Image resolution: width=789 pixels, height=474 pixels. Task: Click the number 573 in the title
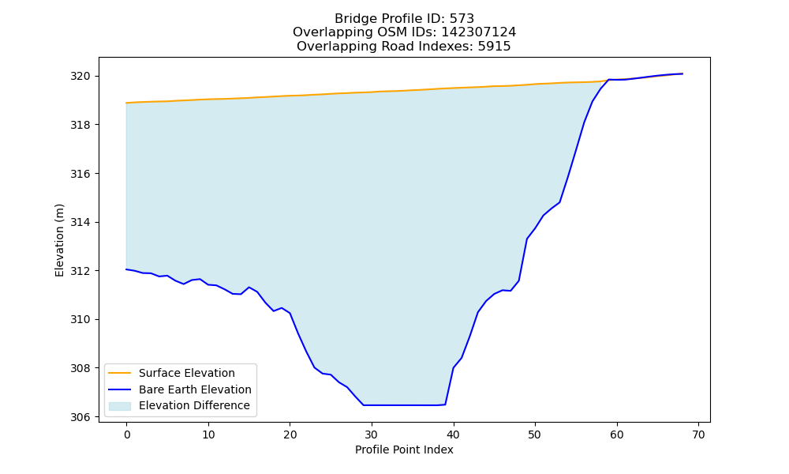coord(462,19)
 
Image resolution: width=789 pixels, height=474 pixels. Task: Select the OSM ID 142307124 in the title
coord(479,32)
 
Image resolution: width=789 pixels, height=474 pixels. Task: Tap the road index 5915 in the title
coord(494,47)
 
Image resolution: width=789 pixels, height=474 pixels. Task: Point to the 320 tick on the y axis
coord(80,77)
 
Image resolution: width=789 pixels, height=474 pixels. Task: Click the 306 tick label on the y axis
coord(80,417)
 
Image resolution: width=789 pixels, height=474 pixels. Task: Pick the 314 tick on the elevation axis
coord(80,223)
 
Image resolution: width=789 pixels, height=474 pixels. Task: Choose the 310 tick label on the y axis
coord(80,320)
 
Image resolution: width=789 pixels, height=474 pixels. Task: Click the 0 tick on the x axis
coord(126,434)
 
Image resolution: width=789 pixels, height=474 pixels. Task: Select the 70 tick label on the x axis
coord(698,434)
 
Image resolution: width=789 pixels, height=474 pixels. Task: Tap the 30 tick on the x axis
coord(372,434)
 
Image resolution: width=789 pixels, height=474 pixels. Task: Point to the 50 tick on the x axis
coord(535,434)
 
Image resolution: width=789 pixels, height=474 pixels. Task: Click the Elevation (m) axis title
coord(59,240)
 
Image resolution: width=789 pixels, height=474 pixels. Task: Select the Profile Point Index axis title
coord(404,450)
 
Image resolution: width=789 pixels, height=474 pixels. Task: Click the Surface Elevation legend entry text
coord(187,373)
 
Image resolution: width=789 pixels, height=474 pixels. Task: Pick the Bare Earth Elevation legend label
coord(195,389)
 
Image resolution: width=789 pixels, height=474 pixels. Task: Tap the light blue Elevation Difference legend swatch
coord(120,406)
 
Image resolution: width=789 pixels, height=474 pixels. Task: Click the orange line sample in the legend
coord(120,373)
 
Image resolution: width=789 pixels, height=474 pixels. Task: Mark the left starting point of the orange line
coord(126,103)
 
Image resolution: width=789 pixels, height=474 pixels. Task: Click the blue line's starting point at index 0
coord(126,269)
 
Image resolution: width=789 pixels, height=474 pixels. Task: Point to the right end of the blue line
coord(682,73)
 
